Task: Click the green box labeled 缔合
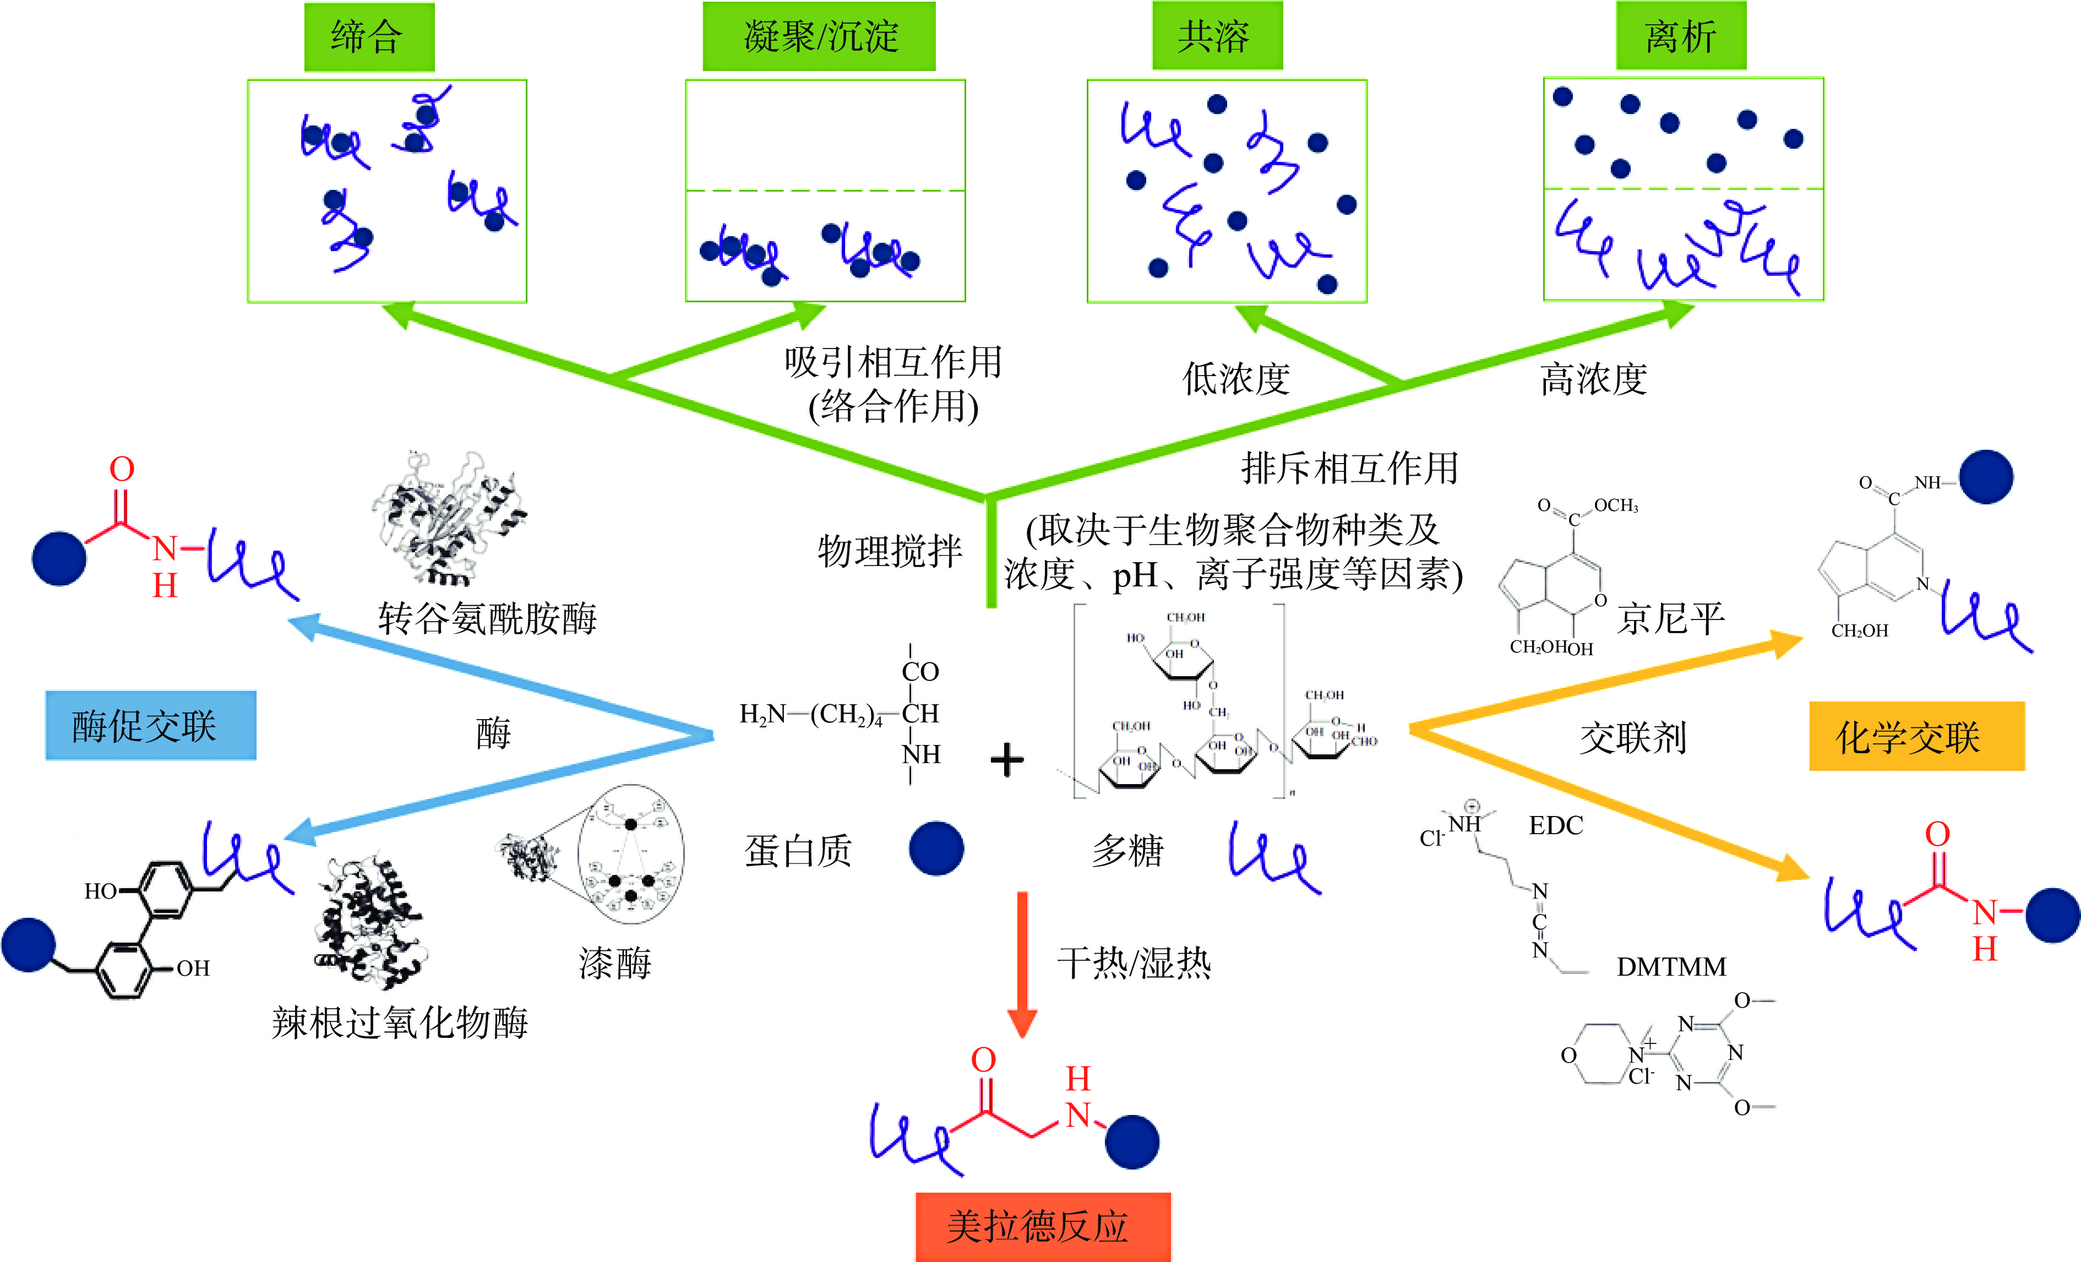369,36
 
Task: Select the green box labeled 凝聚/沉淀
819,36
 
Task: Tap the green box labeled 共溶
1217,36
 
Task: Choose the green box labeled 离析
1681,36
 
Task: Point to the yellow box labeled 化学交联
1916,737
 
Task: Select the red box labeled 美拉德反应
1043,1227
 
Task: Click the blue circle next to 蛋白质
936,848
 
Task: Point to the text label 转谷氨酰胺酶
487,618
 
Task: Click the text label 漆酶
615,963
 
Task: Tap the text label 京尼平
1670,618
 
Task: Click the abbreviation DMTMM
1670,966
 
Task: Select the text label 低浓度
1235,378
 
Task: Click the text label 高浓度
1593,378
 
